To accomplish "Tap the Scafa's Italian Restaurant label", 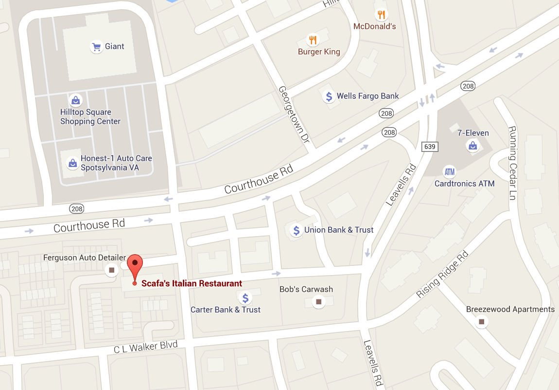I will click(192, 283).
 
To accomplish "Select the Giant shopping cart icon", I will click(96, 47).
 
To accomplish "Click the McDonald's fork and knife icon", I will click(382, 15).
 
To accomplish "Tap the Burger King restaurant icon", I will click(313, 40).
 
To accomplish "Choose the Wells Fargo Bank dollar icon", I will click(329, 96).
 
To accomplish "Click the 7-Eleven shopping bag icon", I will click(472, 145).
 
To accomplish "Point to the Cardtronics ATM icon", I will click(449, 171).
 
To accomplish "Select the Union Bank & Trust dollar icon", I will click(296, 230).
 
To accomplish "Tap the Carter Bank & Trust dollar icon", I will click(245, 297).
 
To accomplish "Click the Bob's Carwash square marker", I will click(318, 302).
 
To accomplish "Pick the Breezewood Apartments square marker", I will click(482, 322).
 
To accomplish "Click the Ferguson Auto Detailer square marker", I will click(112, 270).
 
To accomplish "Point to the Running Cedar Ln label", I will click(512, 158).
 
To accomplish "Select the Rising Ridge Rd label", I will click(442, 275).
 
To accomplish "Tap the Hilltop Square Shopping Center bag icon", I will click(75, 100).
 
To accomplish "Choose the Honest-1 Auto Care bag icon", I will click(72, 163).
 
